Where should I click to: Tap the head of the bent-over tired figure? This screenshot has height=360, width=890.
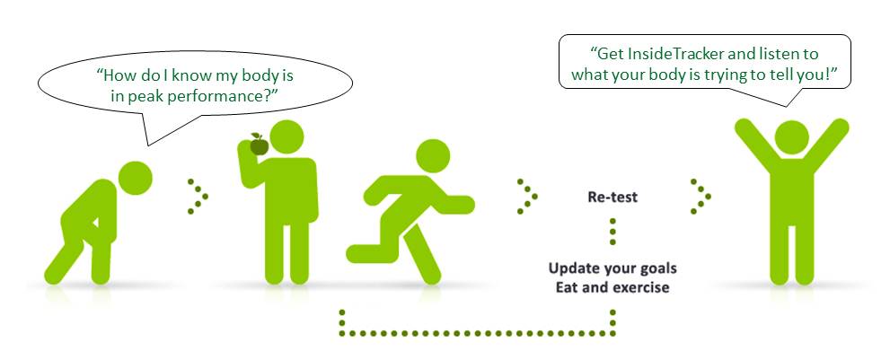(135, 179)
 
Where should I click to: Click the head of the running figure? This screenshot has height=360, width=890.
(433, 156)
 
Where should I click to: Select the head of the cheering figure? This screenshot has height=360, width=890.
(791, 137)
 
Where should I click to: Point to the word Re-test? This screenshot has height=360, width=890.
(612, 197)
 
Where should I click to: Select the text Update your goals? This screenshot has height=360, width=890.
(612, 268)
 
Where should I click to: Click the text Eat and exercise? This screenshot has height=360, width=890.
(612, 287)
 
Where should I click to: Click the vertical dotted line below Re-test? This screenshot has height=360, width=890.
(612, 231)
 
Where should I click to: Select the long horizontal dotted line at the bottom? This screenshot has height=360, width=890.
(477, 333)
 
